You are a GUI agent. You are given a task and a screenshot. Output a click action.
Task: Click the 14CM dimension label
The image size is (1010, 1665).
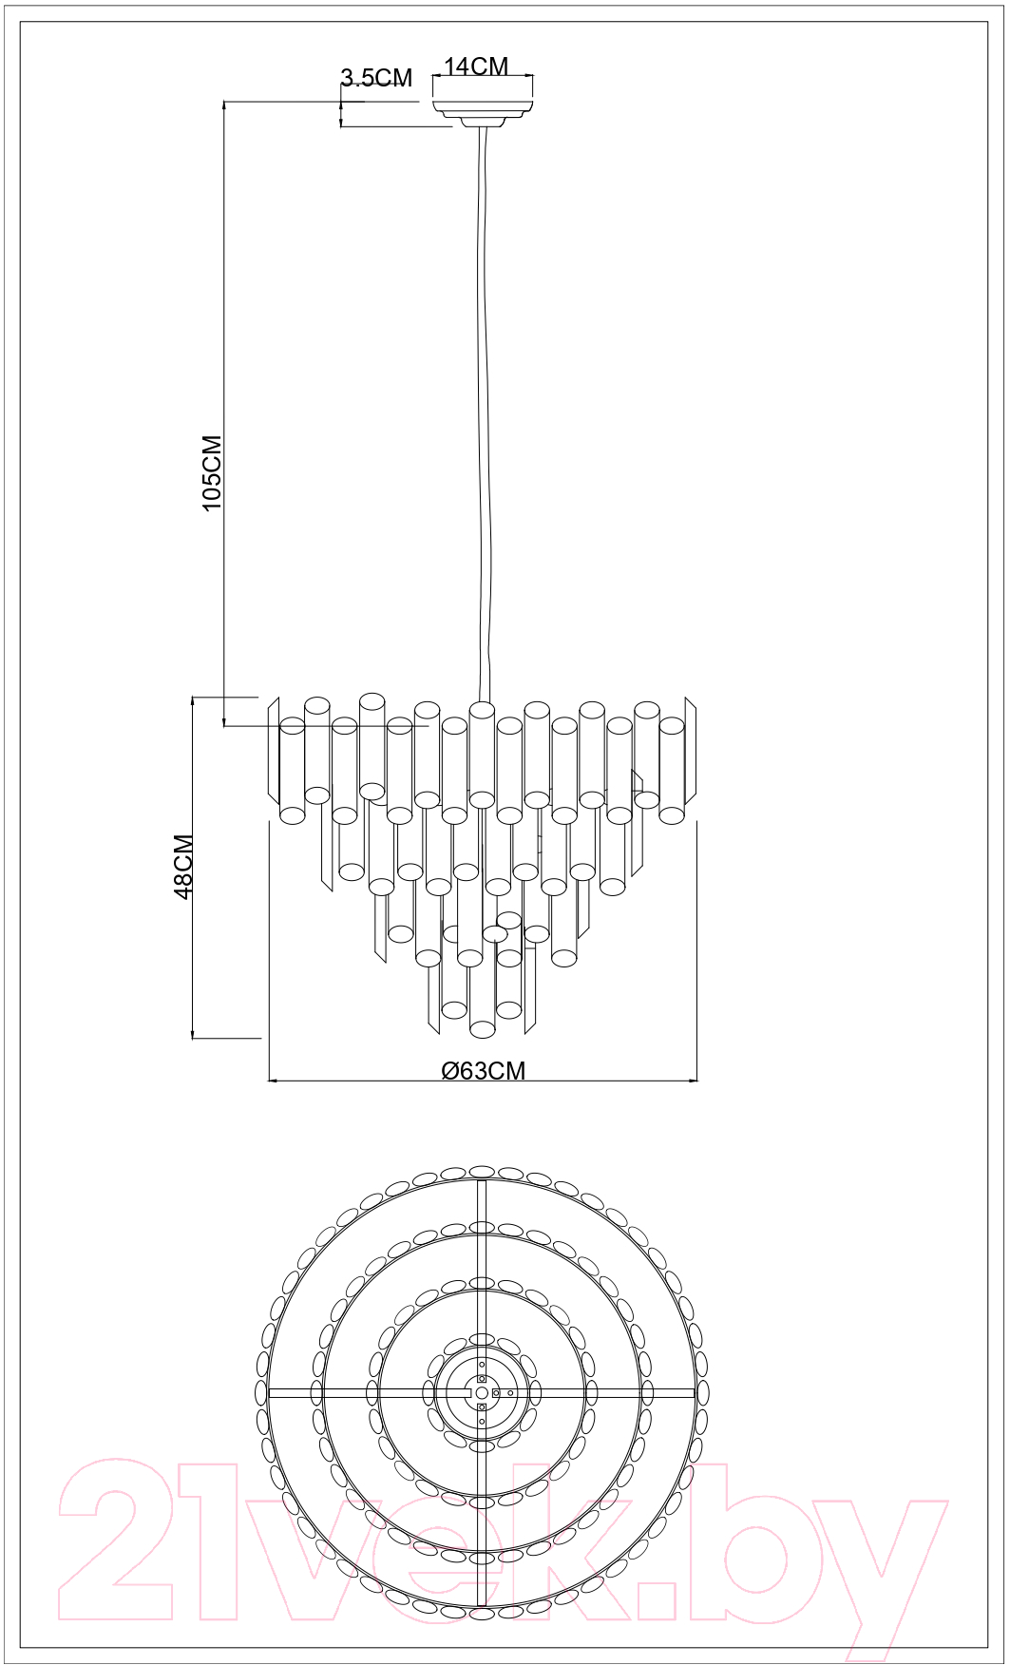(476, 66)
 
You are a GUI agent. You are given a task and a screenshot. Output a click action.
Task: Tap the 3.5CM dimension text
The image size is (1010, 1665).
(376, 78)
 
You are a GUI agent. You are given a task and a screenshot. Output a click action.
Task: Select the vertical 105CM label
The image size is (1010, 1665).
(212, 473)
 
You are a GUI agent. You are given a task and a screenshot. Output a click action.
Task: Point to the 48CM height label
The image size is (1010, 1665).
(183, 866)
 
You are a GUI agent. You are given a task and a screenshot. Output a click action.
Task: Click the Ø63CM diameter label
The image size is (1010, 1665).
(484, 1070)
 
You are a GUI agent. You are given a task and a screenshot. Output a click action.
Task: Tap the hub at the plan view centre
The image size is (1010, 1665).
(482, 1392)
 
